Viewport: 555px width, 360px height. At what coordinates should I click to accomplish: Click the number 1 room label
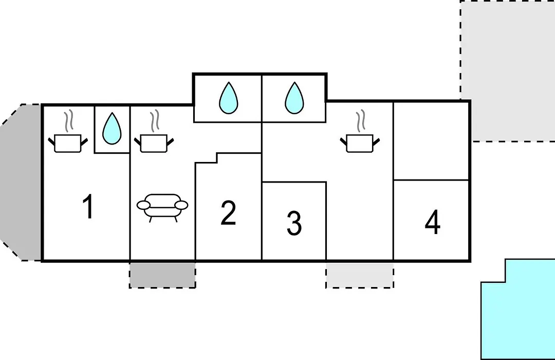88,207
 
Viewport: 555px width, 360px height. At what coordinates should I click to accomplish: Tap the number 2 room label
228,212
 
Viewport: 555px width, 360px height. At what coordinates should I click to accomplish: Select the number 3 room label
294,223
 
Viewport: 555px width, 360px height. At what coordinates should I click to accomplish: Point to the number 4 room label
433,222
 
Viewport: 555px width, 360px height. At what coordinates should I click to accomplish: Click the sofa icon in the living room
162,208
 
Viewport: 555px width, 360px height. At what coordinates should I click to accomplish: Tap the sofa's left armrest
144,205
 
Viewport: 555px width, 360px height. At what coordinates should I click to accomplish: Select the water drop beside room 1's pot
112,129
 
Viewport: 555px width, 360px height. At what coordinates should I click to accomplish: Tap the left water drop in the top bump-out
229,98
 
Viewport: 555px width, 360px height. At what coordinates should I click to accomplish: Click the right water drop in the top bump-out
294,98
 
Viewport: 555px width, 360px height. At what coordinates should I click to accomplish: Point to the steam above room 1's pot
68,121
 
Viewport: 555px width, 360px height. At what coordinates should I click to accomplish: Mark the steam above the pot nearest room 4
360,121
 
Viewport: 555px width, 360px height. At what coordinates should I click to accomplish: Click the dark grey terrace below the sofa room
162,275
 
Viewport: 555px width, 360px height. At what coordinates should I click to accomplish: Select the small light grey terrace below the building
360,275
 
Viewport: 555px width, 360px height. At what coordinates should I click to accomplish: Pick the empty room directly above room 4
431,141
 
